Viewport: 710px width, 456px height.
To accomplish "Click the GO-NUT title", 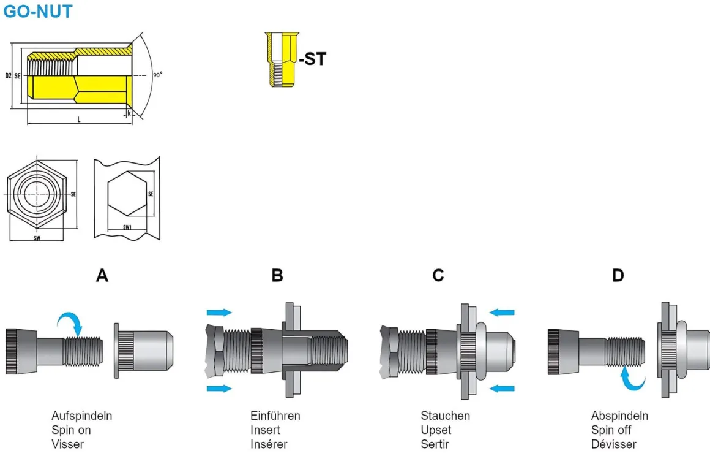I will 38,11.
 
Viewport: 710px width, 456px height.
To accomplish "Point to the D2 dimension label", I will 8,76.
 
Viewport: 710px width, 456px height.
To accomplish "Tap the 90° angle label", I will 157,75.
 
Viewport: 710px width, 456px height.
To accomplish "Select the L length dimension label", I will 78,120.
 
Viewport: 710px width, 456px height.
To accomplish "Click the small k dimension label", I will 129,113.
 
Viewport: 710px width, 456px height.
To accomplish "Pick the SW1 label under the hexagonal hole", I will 127,227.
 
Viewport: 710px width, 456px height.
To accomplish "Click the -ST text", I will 312,59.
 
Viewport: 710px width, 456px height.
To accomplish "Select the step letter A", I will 102,276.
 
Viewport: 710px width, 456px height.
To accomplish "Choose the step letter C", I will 438,276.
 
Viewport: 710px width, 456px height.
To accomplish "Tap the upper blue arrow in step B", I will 220,313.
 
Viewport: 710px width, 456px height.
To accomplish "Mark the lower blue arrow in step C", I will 502,387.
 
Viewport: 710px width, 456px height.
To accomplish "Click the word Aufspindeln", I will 81,416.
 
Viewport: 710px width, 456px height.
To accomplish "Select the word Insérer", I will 269,444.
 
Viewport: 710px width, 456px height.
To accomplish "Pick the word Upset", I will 436,430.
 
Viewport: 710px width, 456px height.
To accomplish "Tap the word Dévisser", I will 613,444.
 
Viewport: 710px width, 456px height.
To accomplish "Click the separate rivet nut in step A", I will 144,350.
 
